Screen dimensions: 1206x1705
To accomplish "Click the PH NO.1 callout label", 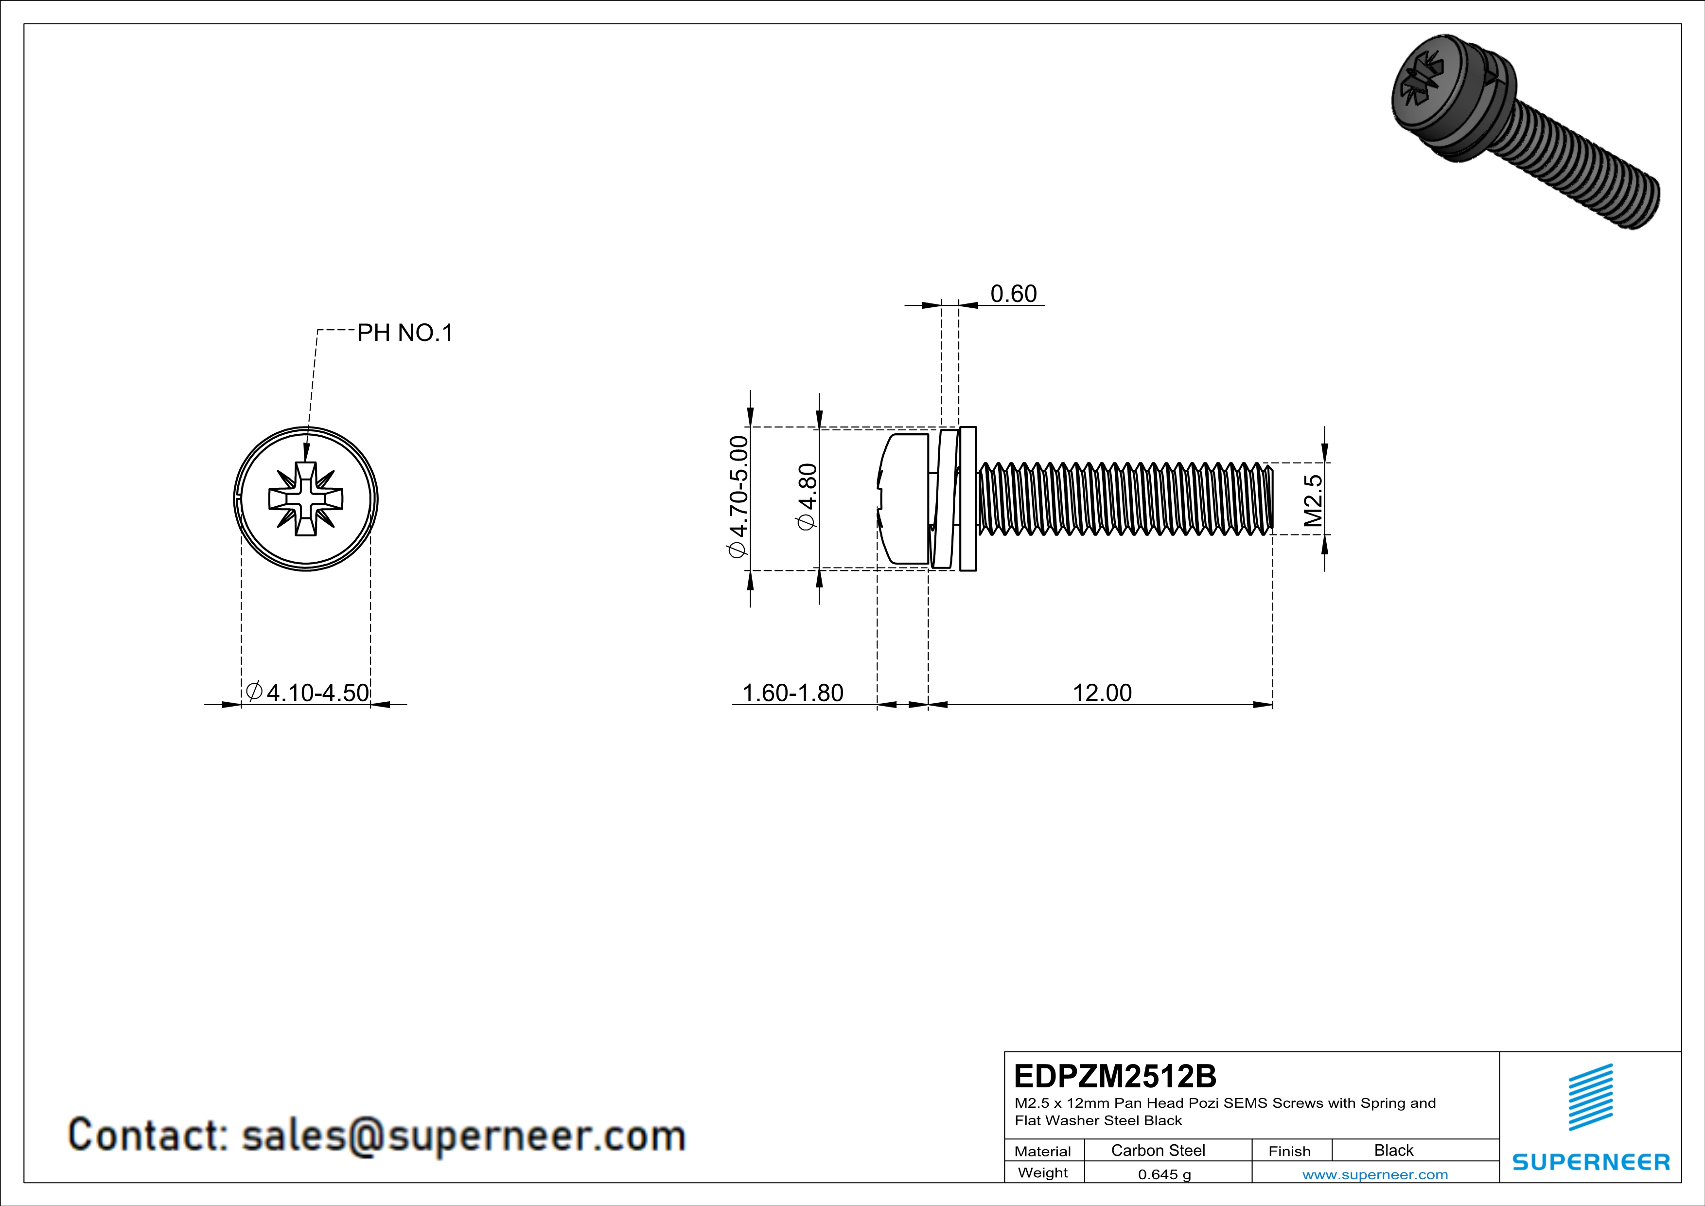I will (404, 333).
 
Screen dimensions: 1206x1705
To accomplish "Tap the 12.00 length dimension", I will (1102, 693).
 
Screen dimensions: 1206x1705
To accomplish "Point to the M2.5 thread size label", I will (1313, 500).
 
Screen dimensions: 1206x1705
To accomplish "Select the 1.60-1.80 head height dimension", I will (792, 693).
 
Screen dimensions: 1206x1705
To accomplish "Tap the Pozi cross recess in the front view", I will (306, 499).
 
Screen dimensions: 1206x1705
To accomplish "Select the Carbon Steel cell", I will (1158, 1150).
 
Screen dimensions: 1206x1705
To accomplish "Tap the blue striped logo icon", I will (1591, 1097).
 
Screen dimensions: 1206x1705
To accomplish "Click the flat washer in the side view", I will (967, 499).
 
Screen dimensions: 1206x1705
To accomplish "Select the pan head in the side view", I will (904, 499).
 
